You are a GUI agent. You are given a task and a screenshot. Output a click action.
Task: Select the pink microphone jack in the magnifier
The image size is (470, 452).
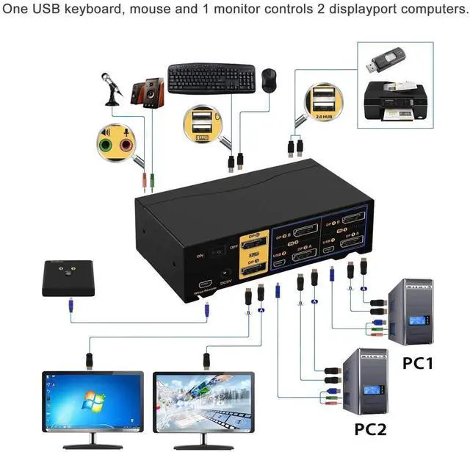[126, 145]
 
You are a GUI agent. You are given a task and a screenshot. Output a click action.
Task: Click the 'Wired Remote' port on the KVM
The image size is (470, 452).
[203, 284]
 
